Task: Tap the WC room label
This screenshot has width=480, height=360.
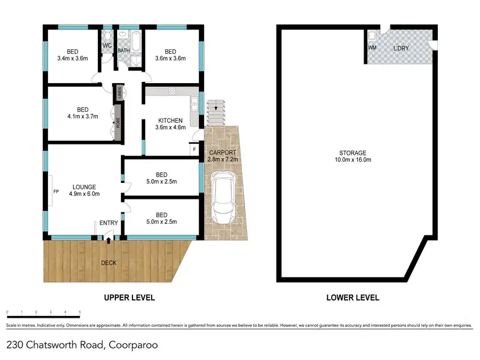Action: [107, 46]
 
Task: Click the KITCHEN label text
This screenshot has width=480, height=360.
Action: [170, 120]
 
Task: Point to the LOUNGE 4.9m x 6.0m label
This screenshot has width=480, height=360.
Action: [84, 191]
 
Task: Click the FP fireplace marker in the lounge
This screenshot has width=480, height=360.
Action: [56, 191]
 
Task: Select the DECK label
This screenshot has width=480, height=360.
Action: [109, 263]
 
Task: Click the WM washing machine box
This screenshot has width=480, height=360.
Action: [372, 47]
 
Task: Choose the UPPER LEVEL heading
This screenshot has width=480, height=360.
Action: [130, 297]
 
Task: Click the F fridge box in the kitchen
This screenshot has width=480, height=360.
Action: [194, 150]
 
